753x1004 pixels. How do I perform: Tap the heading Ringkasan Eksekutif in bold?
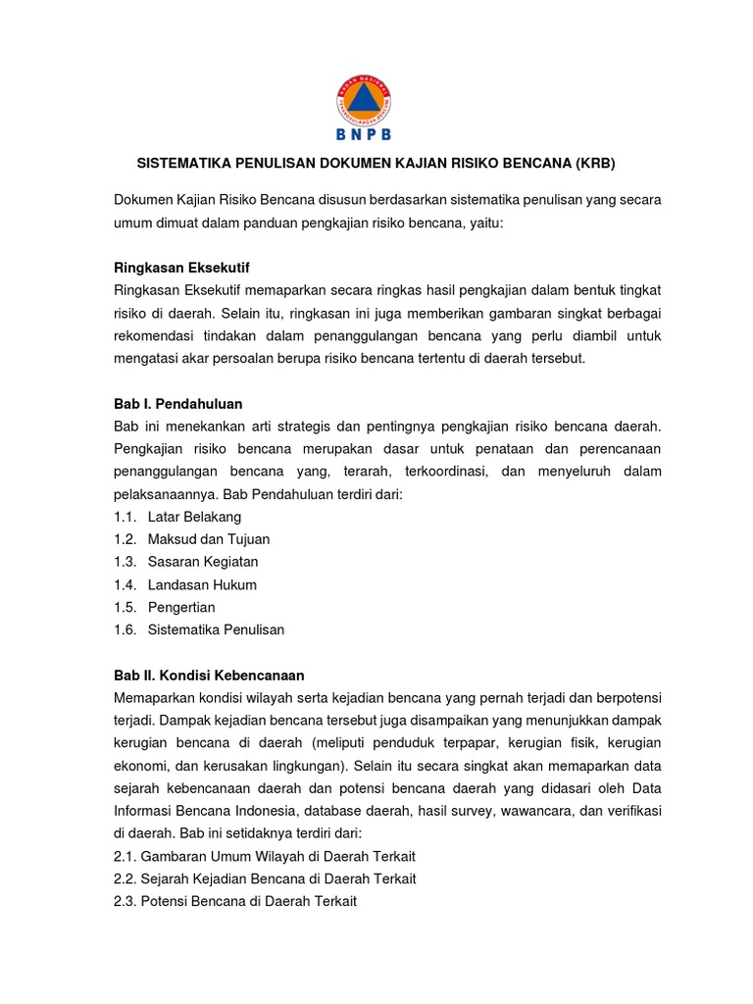pyautogui.click(x=188, y=268)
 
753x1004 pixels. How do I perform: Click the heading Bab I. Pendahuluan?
pyautogui.click(x=177, y=403)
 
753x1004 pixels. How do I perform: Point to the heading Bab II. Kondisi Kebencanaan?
pyautogui.click(x=209, y=676)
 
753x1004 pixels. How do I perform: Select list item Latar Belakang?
pyautogui.click(x=194, y=517)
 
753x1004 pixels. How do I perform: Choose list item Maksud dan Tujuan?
pyautogui.click(x=209, y=539)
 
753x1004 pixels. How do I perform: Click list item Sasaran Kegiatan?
pyautogui.click(x=203, y=562)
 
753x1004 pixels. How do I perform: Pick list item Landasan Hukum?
pyautogui.click(x=202, y=584)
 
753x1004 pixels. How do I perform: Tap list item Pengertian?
pyautogui.click(x=181, y=607)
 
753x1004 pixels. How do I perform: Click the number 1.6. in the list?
pyautogui.click(x=125, y=629)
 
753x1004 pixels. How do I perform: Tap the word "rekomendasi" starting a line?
pyautogui.click(x=155, y=336)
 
